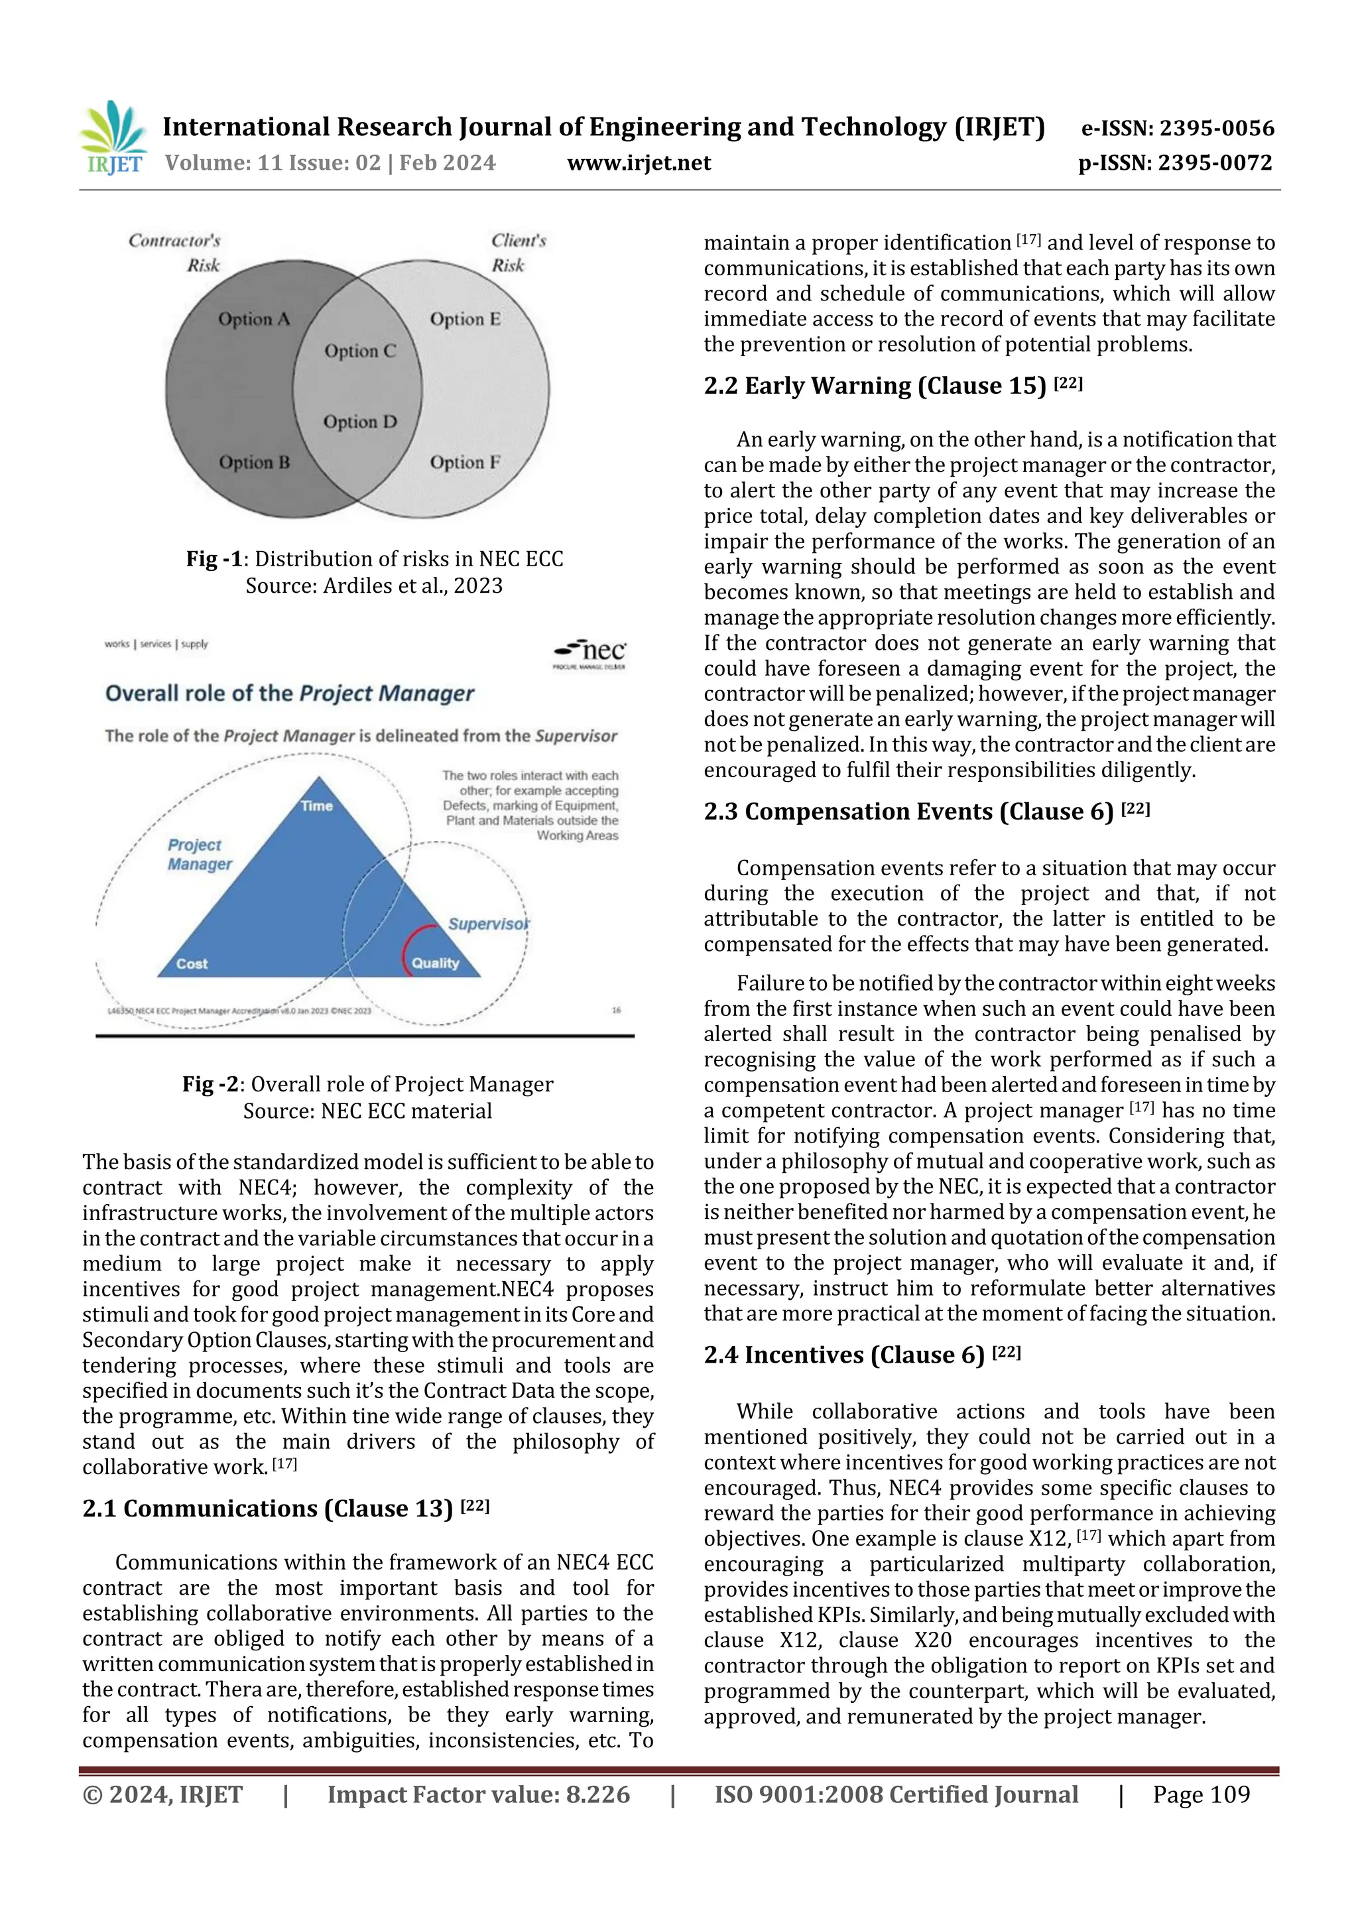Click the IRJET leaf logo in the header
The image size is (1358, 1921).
(115, 137)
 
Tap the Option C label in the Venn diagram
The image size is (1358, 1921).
(360, 351)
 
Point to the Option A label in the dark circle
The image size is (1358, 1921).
(253, 320)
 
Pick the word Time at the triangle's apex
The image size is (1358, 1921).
(316, 806)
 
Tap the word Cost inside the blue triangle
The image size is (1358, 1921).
(192, 964)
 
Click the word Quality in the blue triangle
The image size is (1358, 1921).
(435, 963)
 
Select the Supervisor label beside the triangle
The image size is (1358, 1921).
(489, 924)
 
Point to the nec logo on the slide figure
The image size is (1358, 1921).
(591, 652)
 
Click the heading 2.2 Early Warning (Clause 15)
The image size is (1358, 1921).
(893, 386)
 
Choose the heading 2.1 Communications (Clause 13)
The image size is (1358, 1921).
(285, 1509)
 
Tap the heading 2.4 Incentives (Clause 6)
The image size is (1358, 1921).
(862, 1355)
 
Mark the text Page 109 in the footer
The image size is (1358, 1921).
(1201, 1794)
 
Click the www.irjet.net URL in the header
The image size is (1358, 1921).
(639, 162)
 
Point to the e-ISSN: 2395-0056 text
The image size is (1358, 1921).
(1177, 128)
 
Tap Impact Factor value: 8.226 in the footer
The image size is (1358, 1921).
(478, 1794)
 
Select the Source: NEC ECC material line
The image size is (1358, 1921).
(367, 1111)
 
